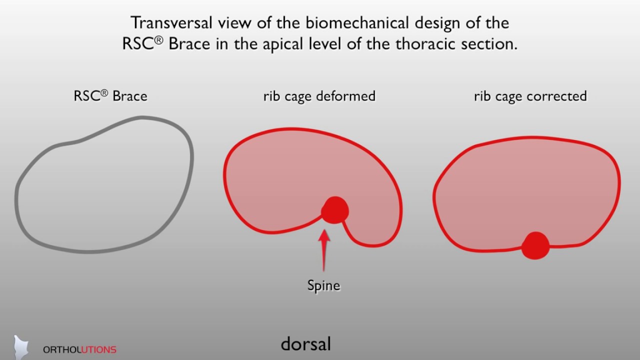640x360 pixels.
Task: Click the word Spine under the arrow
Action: coord(323,285)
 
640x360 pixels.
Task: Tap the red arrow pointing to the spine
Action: coord(324,249)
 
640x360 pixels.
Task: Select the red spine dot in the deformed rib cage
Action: coord(334,210)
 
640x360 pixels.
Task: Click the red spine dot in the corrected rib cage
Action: coord(535,245)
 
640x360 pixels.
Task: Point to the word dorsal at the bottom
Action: coord(305,344)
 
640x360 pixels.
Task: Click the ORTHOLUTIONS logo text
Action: coord(79,349)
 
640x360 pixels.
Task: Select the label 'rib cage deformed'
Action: coord(319,95)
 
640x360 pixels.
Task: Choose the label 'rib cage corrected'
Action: coord(530,95)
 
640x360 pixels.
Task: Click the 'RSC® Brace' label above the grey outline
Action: coord(110,95)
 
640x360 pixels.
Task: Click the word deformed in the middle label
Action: coord(348,95)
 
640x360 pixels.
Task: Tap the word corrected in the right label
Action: coord(558,95)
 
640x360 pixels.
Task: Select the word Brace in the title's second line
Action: coord(190,44)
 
